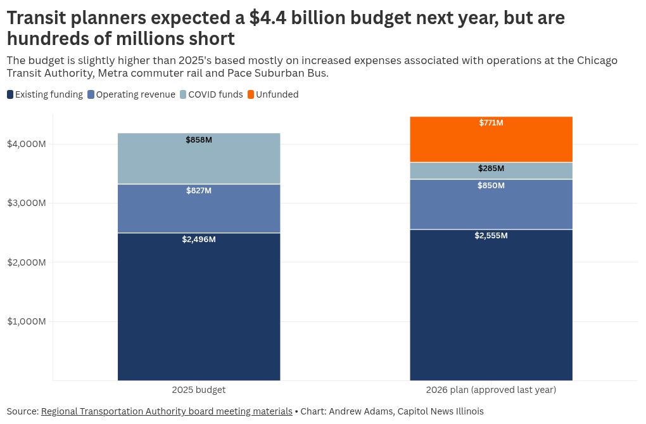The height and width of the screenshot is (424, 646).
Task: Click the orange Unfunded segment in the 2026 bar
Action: pos(491,139)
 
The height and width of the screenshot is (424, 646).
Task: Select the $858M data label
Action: pos(199,140)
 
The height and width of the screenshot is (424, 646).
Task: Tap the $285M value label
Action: pos(491,169)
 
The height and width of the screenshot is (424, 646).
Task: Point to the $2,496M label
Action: pos(199,239)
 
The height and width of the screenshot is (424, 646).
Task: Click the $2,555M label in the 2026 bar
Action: pos(491,236)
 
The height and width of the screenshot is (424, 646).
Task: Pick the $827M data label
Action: pos(199,191)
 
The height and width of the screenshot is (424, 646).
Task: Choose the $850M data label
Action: pos(491,186)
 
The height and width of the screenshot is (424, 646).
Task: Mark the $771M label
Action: pos(491,122)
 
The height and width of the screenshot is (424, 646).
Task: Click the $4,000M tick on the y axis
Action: pos(27,144)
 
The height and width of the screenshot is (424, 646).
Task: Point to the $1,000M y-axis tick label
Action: pos(27,321)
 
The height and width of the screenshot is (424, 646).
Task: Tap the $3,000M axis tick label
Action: pos(27,203)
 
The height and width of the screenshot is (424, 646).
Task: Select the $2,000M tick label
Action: pos(27,262)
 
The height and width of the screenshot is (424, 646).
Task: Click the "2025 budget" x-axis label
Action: pos(199,390)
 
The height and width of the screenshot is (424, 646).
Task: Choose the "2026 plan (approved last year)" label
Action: pos(491,390)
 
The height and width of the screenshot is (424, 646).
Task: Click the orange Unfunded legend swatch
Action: pos(251,94)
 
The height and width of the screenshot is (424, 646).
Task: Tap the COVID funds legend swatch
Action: pos(183,94)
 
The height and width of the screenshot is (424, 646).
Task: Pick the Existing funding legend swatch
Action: pos(10,94)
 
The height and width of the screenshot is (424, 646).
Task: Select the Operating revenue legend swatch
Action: pos(91,94)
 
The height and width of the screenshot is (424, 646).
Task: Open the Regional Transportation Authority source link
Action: pos(167,411)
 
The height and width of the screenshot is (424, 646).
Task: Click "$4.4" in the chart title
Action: pos(268,18)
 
